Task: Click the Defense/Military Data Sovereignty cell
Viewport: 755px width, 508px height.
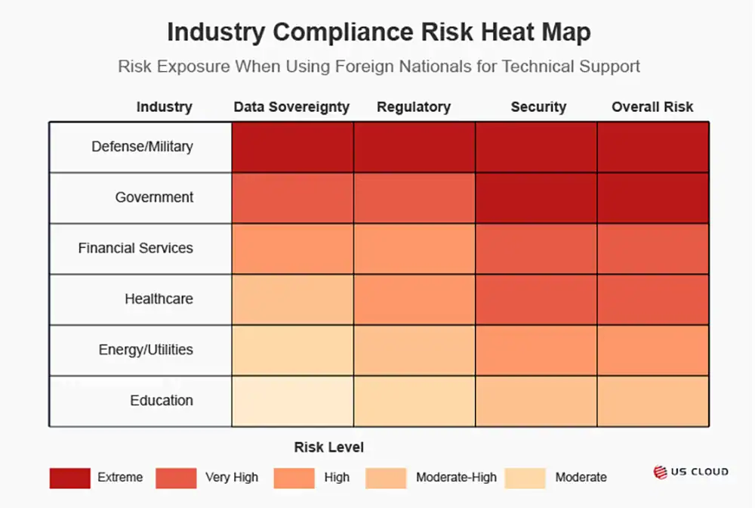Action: pos(292,147)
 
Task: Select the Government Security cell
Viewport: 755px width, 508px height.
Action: pos(536,197)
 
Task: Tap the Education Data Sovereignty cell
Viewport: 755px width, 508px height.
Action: pos(292,401)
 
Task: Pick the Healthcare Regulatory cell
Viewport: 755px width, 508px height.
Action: pos(414,299)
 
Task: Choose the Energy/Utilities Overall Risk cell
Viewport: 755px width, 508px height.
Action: pos(653,350)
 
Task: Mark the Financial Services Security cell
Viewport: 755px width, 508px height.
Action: pos(536,248)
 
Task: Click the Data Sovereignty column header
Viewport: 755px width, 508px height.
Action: pos(291,107)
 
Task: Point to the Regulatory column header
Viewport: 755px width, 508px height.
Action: pos(414,107)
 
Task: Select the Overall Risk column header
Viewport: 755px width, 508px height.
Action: pos(652,107)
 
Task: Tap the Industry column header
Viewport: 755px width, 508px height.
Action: pos(164,107)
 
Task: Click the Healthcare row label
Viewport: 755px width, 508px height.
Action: pos(159,299)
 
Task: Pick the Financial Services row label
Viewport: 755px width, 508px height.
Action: pos(135,248)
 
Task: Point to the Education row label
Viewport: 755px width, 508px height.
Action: pos(162,401)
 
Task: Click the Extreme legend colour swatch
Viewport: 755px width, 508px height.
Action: pos(69,478)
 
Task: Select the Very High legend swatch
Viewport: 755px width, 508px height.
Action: pos(176,478)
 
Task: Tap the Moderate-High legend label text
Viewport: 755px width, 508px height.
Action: pos(456,478)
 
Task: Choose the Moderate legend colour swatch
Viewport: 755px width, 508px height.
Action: pos(525,478)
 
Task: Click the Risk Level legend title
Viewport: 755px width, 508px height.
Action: pos(329,448)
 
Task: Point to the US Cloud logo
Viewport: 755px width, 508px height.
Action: pos(691,472)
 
